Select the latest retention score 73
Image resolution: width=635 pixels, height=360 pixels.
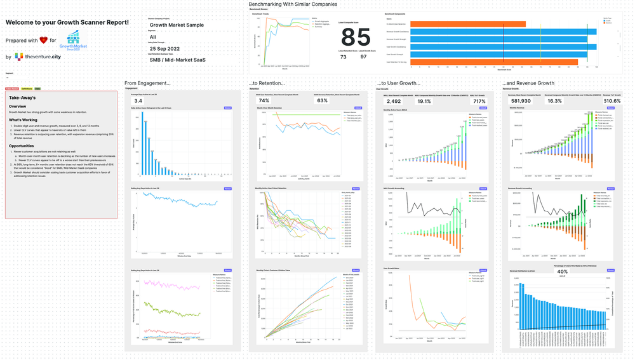click(x=344, y=57)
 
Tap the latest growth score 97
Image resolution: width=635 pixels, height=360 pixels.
click(x=363, y=57)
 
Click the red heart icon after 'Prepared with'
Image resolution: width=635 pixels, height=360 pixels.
click(x=43, y=40)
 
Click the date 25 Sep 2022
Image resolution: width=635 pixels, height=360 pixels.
click(x=165, y=48)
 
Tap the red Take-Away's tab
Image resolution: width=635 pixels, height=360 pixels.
click(x=11, y=89)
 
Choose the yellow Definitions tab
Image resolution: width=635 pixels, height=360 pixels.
click(x=27, y=89)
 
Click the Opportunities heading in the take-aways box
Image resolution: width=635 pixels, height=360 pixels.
click(x=26, y=145)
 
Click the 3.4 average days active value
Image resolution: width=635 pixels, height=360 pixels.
click(x=138, y=101)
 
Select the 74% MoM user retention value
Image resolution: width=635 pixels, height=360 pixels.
click(x=264, y=101)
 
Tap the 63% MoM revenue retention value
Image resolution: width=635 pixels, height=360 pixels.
click(x=322, y=101)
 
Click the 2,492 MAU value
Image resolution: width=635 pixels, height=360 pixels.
click(x=394, y=101)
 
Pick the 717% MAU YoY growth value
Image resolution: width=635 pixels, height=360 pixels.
click(x=479, y=101)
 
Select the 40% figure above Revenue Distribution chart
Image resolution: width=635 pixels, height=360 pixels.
click(x=563, y=272)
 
